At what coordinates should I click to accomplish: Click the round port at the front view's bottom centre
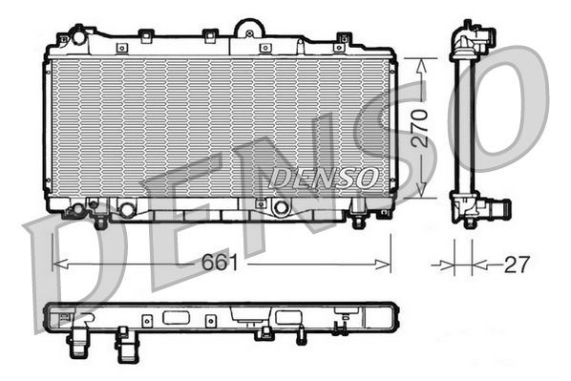pos(281,207)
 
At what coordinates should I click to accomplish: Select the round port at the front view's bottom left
pos(126,208)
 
